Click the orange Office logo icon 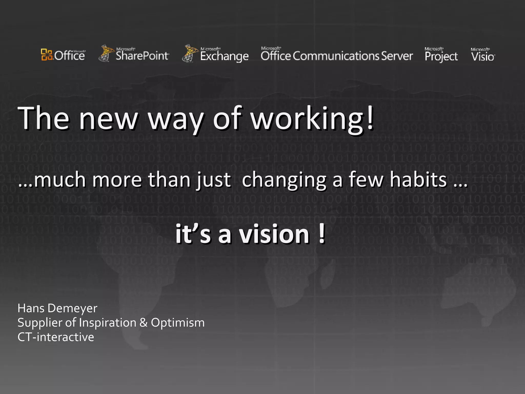(x=47, y=54)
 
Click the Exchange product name (x=224, y=56)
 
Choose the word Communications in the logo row (x=336, y=56)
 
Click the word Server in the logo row (x=397, y=56)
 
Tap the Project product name (x=441, y=56)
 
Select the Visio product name (x=483, y=56)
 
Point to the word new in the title (x=108, y=119)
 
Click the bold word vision (x=274, y=234)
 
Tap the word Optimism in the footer (x=178, y=323)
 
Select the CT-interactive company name (x=56, y=337)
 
